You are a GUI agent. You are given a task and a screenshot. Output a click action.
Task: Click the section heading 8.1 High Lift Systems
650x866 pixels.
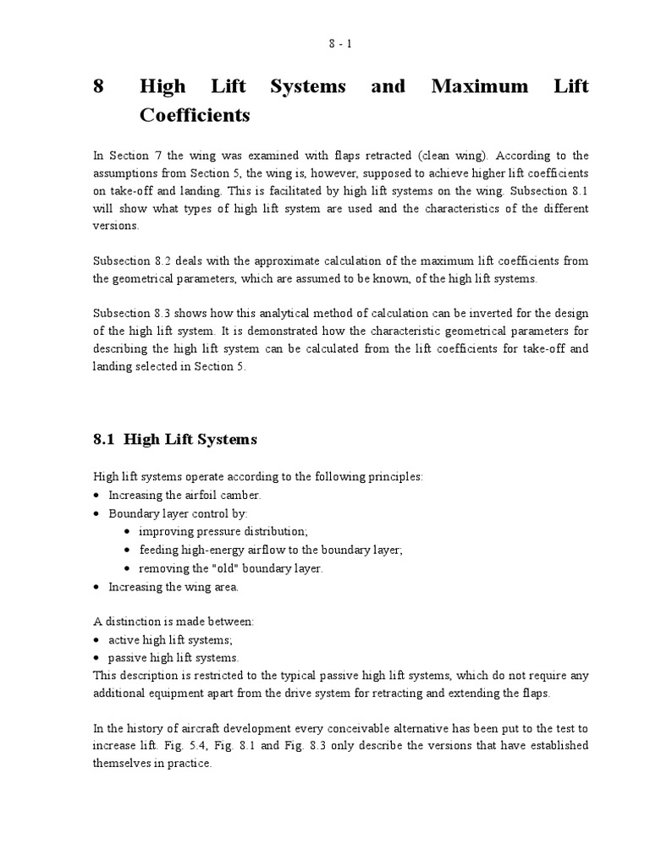click(x=174, y=439)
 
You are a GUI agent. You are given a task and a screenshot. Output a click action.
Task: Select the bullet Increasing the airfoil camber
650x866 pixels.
click(x=185, y=495)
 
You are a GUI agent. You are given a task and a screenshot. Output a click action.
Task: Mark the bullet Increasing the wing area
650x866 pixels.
click(x=173, y=586)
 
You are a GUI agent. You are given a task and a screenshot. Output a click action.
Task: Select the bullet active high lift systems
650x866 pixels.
click(x=169, y=640)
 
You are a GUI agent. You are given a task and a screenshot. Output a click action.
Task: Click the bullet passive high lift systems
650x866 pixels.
click(x=173, y=658)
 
